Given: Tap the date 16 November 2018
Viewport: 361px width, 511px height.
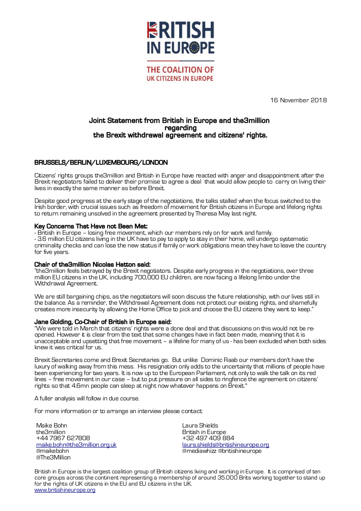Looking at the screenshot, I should (x=299, y=100).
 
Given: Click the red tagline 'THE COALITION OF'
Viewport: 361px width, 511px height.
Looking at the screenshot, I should (x=180, y=70).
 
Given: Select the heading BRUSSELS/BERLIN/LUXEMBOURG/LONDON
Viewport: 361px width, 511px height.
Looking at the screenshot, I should (x=101, y=163).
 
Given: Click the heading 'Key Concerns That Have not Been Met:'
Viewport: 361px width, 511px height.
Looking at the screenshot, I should (x=91, y=226).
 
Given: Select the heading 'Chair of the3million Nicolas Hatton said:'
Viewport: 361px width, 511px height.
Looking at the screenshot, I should (x=92, y=264).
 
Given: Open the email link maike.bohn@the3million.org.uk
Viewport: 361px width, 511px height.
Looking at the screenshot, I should (x=76, y=445).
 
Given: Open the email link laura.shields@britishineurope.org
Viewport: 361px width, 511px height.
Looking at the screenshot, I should (x=226, y=445).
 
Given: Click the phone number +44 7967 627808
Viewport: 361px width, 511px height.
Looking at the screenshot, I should (x=63, y=438).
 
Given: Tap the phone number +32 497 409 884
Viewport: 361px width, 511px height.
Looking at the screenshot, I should (x=208, y=438).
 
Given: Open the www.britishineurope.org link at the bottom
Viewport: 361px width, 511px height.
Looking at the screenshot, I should (x=65, y=490).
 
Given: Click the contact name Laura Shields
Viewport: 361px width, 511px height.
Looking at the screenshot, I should (x=200, y=425).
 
